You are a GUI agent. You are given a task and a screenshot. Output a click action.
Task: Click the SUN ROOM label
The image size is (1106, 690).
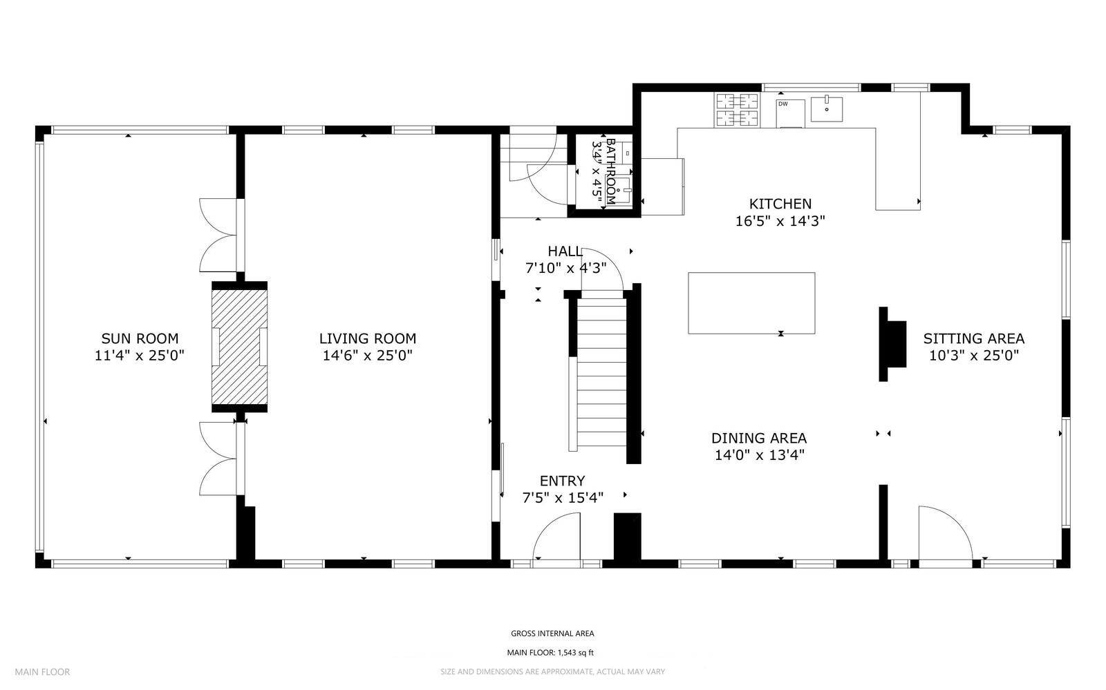pos(140,339)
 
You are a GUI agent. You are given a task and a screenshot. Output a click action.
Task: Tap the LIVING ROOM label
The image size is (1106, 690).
pos(368,339)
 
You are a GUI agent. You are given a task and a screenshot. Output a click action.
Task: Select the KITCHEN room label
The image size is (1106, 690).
pos(780,204)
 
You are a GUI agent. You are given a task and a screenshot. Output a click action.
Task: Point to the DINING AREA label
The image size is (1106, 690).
pos(759,438)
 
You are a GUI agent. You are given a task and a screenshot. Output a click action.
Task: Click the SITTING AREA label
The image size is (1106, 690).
pos(974,339)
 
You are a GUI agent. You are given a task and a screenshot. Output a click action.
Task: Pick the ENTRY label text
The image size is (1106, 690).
pos(563,481)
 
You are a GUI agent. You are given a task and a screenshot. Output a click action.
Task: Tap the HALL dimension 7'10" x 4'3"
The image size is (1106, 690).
pos(565,268)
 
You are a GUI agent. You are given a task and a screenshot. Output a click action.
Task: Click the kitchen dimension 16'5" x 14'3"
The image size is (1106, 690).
pos(780,221)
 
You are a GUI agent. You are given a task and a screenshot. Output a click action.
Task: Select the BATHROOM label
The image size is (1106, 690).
pos(611,171)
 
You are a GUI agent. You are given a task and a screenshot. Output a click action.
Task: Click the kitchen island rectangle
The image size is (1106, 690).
pos(751,303)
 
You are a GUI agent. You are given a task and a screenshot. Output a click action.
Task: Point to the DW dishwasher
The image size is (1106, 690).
pos(791,113)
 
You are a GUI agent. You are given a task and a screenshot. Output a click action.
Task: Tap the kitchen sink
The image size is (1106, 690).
pos(827,110)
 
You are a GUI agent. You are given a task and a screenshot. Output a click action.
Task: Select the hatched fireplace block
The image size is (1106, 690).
pos(239,347)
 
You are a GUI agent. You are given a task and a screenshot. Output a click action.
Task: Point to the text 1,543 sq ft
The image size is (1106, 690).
pos(576,653)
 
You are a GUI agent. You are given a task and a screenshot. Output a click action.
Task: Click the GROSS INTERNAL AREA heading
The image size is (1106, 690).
pos(552,634)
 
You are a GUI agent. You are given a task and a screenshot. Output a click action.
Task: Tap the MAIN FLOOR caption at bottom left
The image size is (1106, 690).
pos(42,672)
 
